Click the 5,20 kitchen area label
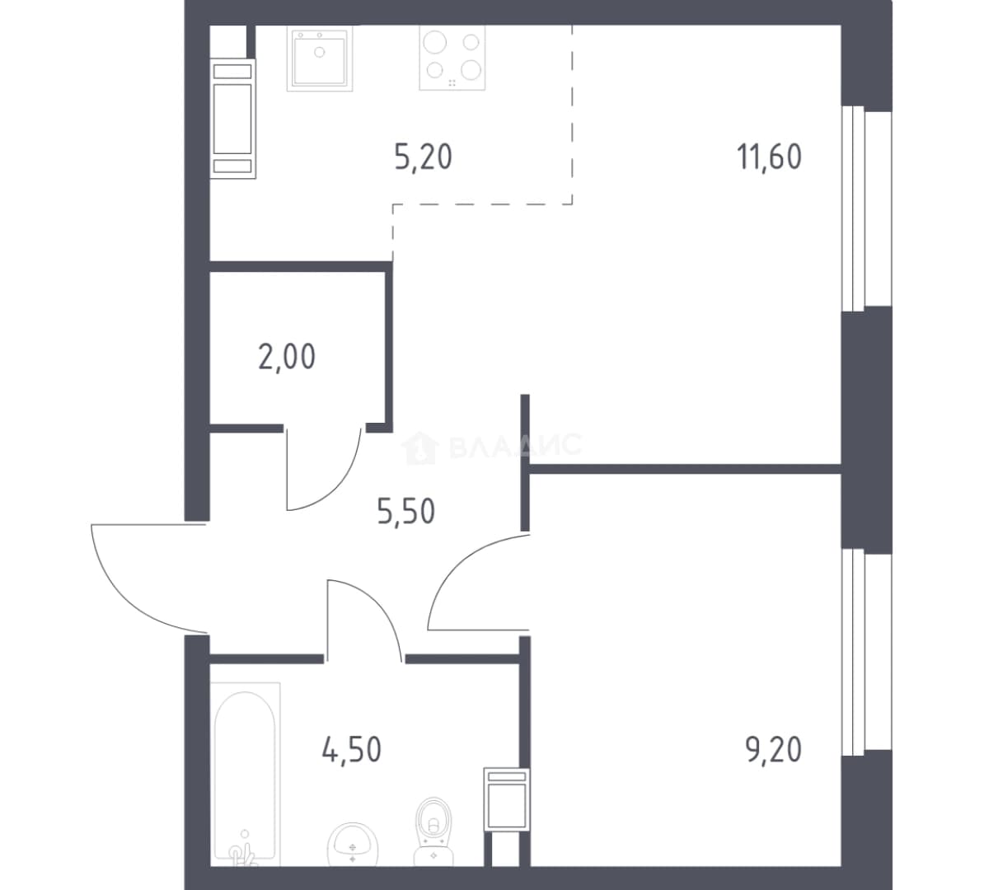[424, 157]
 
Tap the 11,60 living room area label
[769, 157]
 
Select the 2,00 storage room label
[287, 357]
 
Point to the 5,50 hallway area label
[406, 512]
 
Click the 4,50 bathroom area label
[351, 749]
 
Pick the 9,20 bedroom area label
[774, 749]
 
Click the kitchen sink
[320, 57]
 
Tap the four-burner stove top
[452, 57]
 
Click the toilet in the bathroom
[433, 831]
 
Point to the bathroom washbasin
[353, 845]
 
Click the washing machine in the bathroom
[507, 799]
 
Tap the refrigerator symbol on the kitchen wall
[233, 119]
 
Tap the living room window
[867, 208]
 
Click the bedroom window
[867, 652]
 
